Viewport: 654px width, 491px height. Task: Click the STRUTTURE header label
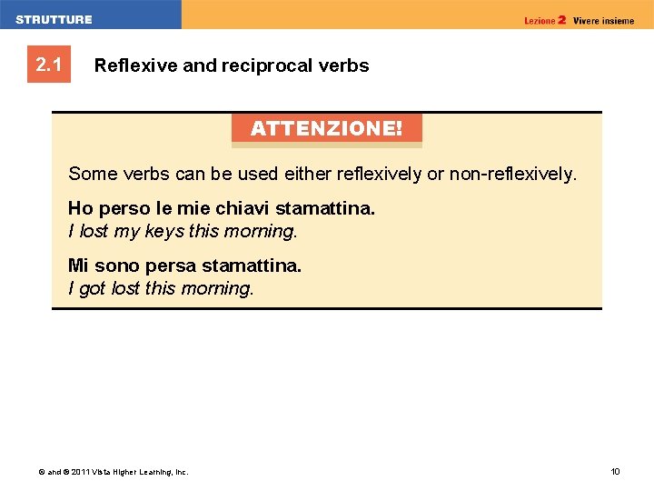54,19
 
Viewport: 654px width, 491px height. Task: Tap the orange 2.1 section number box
48,65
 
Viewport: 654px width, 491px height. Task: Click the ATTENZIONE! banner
326,128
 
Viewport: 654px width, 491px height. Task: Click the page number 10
615,471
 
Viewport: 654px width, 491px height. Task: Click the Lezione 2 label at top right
545,20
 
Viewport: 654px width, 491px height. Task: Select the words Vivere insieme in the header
604,20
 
